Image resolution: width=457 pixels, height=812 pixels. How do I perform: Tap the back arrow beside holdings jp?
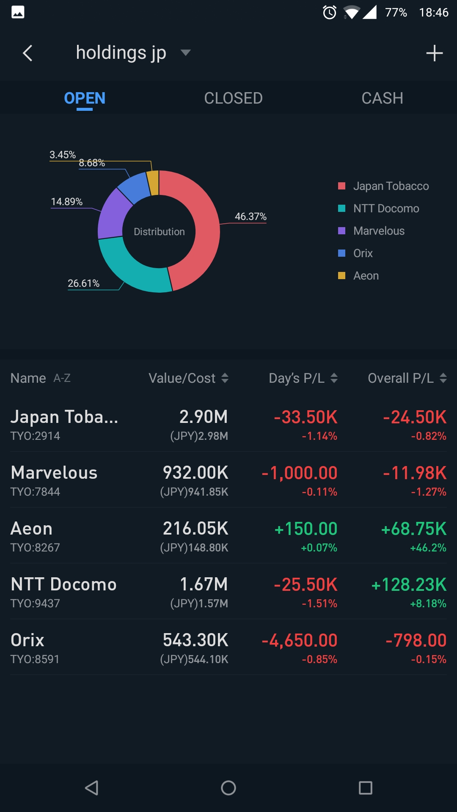(x=28, y=53)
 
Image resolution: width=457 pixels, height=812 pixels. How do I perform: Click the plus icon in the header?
(x=434, y=53)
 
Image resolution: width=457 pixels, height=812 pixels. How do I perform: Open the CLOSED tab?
(x=233, y=98)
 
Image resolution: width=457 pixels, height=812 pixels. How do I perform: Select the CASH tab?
(x=382, y=98)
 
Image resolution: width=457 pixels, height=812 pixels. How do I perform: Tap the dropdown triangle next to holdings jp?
(x=185, y=53)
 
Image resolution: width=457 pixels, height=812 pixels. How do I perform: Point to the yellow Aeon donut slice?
(x=153, y=183)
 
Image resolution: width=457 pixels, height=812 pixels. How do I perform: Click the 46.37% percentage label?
(x=251, y=217)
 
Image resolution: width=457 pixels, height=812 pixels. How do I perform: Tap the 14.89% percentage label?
(x=67, y=202)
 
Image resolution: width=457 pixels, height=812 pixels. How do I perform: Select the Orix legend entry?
(x=363, y=253)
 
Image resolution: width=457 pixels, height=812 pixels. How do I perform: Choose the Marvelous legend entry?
(x=379, y=231)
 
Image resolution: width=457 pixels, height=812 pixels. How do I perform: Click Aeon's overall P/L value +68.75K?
(x=413, y=529)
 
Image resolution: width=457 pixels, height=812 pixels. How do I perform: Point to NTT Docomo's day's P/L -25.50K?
(x=306, y=584)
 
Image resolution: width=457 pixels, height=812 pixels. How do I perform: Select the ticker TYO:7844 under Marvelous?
(x=36, y=491)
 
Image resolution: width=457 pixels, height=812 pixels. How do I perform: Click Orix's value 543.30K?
(x=195, y=640)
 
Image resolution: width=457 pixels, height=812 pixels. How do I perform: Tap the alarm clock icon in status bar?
(x=330, y=13)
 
